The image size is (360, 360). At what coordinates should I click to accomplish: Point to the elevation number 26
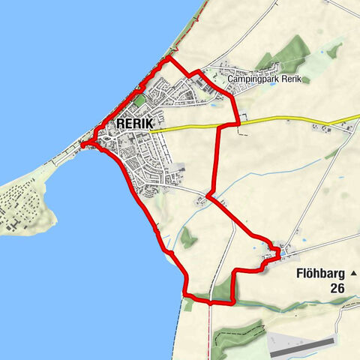coord(336,288)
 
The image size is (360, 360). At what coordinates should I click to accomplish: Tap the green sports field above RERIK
coord(140,100)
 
